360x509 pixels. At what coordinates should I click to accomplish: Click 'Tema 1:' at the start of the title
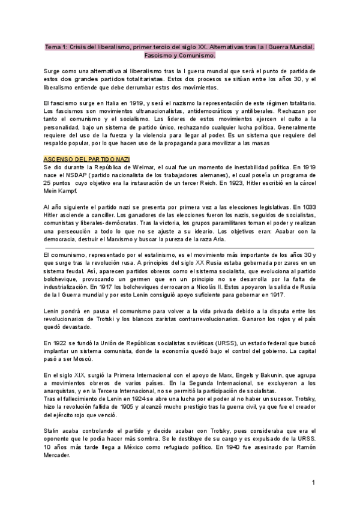coord(56,47)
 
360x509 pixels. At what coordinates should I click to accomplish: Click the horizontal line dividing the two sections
coord(180,246)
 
